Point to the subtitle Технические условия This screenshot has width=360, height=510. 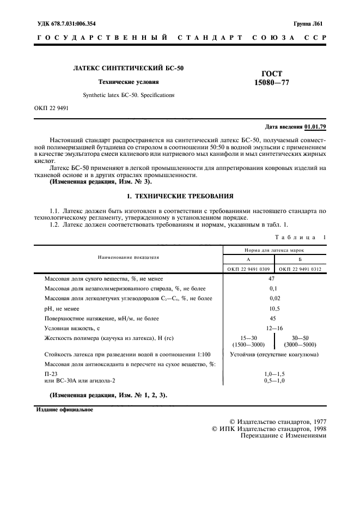pyautogui.click(x=128, y=82)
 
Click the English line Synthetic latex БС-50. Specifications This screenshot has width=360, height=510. pyautogui.click(x=129, y=94)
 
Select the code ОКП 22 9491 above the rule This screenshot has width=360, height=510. pyautogui.click(x=51, y=107)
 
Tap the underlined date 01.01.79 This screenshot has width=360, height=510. pyautogui.click(x=315, y=126)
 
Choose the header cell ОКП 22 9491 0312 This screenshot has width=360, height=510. pyautogui.click(x=300, y=269)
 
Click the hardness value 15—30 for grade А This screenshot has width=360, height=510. pyautogui.click(x=249, y=337)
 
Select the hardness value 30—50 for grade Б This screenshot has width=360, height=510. pyautogui.click(x=300, y=337)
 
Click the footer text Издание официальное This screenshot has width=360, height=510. pyautogui.click(x=64, y=410)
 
